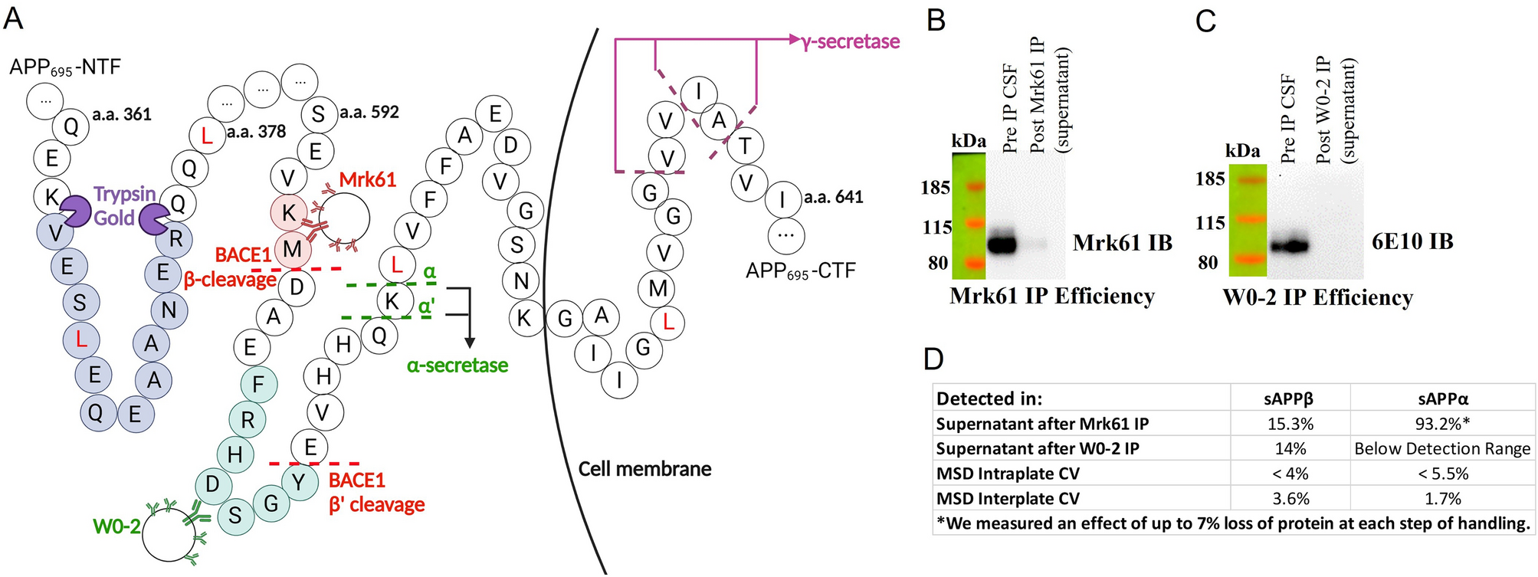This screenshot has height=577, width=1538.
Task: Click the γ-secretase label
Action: [851, 41]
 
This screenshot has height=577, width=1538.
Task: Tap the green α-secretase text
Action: [457, 366]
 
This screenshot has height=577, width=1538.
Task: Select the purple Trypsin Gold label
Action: [125, 206]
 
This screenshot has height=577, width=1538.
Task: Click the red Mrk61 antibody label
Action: [368, 180]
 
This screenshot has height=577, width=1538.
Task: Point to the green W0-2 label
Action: [116, 526]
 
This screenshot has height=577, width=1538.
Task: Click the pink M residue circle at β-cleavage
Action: [291, 249]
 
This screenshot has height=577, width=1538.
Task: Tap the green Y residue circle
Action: [299, 482]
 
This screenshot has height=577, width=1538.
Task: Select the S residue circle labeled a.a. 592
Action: [318, 115]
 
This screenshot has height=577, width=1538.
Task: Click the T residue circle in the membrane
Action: [744, 146]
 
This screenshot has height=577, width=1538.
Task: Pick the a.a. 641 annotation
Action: [834, 198]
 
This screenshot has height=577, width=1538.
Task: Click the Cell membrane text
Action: [644, 469]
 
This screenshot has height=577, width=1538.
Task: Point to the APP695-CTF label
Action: [800, 270]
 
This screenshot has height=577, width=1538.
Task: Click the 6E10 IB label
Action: [1412, 242]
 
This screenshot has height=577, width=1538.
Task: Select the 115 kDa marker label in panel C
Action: [1210, 223]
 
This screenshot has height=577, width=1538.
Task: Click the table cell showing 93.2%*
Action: [1442, 424]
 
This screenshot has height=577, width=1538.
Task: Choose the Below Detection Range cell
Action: [1442, 449]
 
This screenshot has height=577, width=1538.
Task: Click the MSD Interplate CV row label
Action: [1008, 499]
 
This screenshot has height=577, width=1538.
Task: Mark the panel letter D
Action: [933, 359]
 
